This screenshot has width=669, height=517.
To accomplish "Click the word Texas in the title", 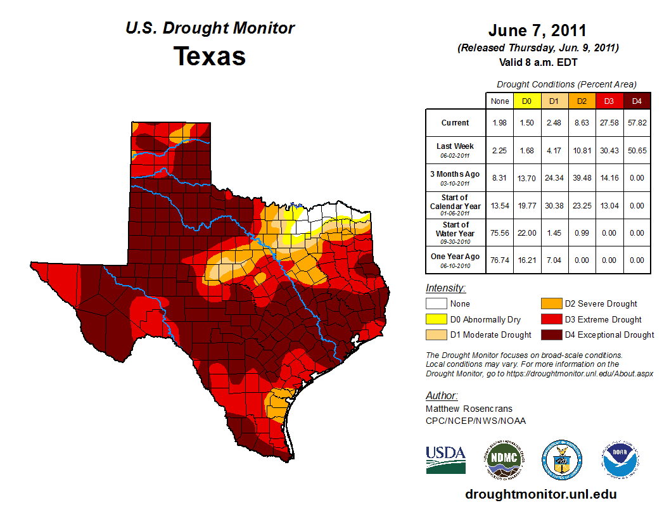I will pyautogui.click(x=210, y=56).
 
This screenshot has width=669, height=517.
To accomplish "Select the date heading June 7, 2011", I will pyautogui.click(x=537, y=30).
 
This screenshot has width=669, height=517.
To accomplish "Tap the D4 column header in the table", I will pyautogui.click(x=637, y=101).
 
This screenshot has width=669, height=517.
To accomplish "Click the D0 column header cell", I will pyautogui.click(x=526, y=101).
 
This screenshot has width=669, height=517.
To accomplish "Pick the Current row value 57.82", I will pyautogui.click(x=637, y=123).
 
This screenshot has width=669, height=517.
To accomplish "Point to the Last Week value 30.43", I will pyautogui.click(x=609, y=150).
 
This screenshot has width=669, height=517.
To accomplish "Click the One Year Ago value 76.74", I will pyautogui.click(x=499, y=260).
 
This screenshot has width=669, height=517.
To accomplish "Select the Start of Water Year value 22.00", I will pyautogui.click(x=526, y=233).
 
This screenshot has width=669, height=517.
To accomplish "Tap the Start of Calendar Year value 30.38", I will pyautogui.click(x=554, y=205).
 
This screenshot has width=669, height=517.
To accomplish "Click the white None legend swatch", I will pyautogui.click(x=436, y=304).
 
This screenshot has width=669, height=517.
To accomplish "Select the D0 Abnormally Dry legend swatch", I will pyautogui.click(x=436, y=319).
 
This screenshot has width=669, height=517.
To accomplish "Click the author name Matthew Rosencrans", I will pyautogui.click(x=469, y=409).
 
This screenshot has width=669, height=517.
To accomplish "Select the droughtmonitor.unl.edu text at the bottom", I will pyautogui.click(x=540, y=494).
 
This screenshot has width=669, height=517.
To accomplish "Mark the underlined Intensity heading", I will pyautogui.click(x=445, y=288).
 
